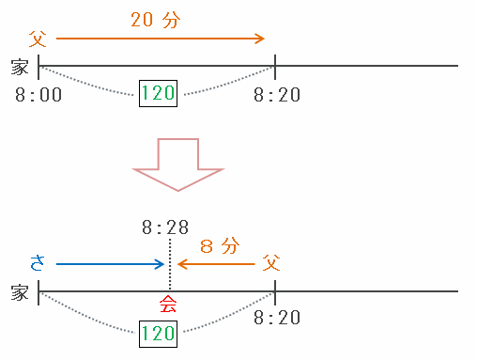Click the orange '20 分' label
pos(156,20)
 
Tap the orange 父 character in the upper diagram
pos(38,39)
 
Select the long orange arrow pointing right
pos(161,39)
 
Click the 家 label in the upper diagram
pos(20,67)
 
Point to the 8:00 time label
pos(38,95)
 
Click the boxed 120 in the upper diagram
pos(158,93)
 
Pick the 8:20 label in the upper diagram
pos(277,95)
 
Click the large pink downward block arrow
pos(177,164)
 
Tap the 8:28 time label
pos(165,227)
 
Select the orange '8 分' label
pos(220,246)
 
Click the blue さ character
pos(38,263)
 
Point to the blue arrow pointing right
pos(110,264)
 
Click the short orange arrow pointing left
pos(216,264)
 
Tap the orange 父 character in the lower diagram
pos(271,262)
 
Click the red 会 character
pos(168,305)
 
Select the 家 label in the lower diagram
pos(20,292)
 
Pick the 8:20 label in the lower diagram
pos(277,318)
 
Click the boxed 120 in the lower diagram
pos(158,334)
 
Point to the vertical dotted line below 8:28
pos(170,264)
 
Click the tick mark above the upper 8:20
pos(275,67)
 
